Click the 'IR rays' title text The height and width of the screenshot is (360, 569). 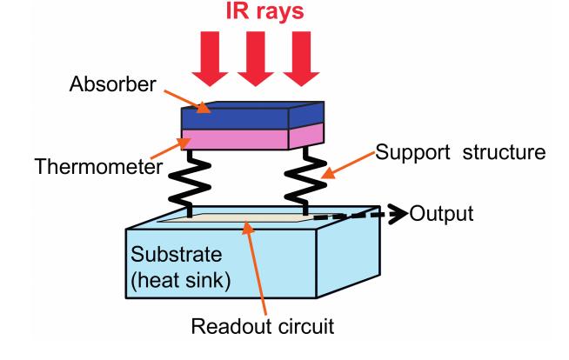264,10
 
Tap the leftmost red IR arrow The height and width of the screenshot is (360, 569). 210,59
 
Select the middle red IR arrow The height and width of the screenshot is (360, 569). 256,59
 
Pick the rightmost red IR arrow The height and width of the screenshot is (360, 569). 301,59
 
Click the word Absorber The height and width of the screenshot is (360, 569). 112,84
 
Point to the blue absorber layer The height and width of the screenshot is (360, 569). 252,116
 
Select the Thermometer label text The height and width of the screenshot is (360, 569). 98,167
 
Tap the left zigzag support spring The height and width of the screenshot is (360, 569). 190,183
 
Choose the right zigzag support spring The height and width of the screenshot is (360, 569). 305,181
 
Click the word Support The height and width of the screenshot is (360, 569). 412,153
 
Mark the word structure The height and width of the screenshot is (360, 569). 504,152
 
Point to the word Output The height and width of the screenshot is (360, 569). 441,214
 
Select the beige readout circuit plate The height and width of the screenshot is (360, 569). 235,217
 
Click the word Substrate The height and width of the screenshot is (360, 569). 176,254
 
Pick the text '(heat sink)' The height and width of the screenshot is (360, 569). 180,280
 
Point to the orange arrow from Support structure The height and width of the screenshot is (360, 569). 348,165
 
